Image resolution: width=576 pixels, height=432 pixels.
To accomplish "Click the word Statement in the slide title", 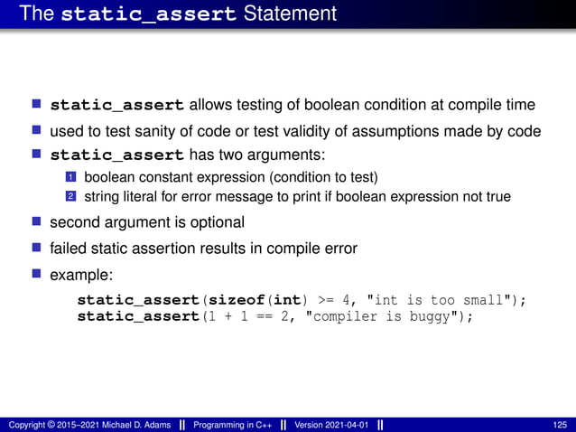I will click(290, 14).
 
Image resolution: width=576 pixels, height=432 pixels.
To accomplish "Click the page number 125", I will click(560, 425).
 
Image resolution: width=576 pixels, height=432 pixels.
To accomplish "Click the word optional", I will click(214, 222).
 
